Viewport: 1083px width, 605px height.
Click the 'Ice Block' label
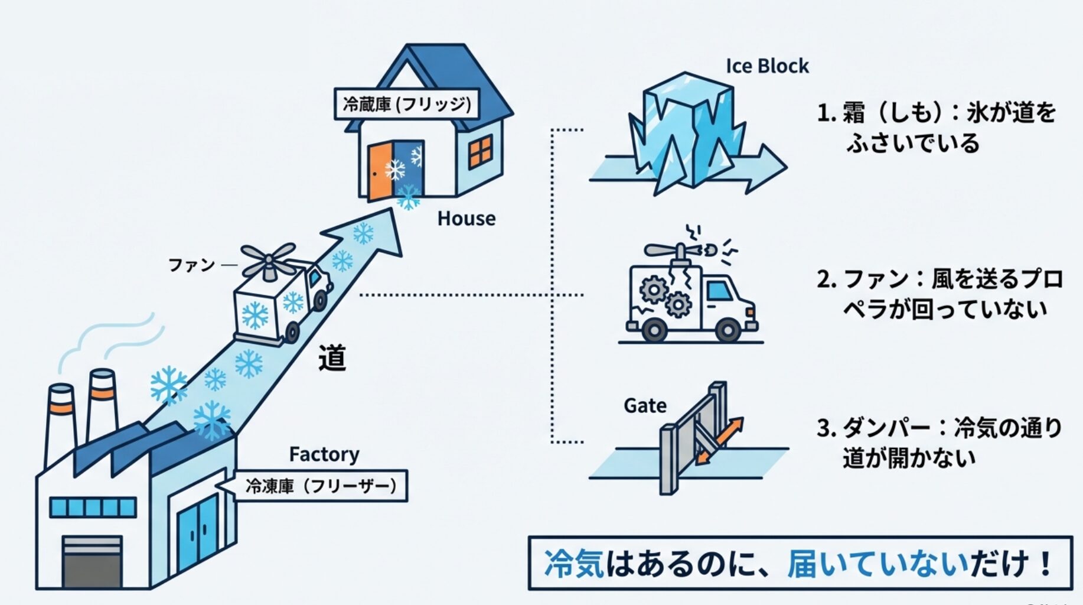pos(766,66)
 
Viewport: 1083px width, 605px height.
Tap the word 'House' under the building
pos(466,219)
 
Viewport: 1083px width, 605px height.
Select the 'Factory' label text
pos(324,454)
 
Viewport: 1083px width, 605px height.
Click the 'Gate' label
pos(645,406)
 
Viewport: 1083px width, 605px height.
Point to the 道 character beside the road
pos(332,358)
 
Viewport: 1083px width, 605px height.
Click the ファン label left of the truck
pos(191,265)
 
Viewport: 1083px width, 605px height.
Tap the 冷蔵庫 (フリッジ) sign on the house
pos(406,105)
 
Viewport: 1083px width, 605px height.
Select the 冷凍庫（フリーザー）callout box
pos(321,486)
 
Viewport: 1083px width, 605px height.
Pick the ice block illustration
pos(688,133)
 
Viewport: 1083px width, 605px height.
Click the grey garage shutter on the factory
pos(92,561)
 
